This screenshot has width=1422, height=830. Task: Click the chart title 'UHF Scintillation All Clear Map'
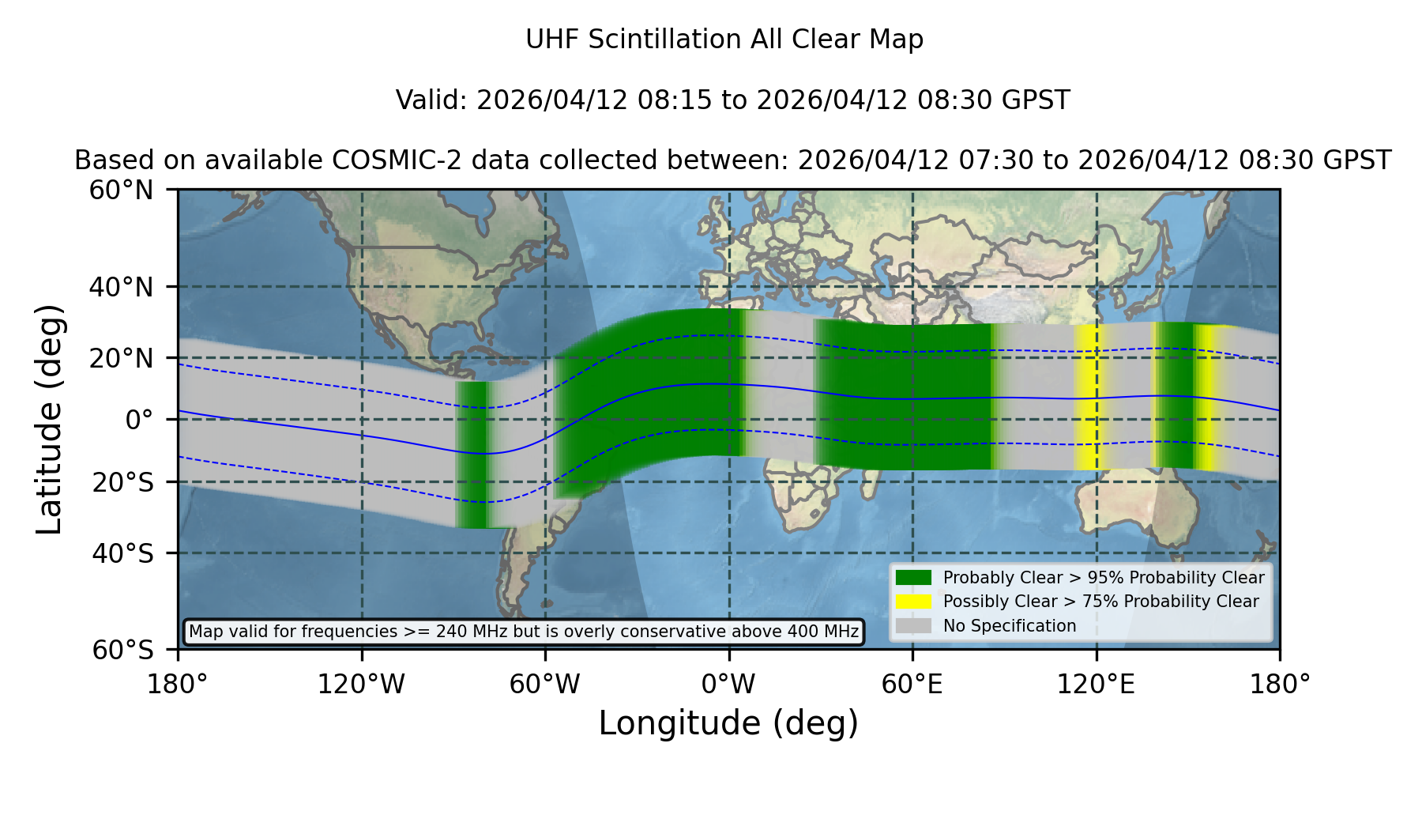pyautogui.click(x=724, y=40)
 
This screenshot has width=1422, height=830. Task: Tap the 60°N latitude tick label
pyautogui.click(x=122, y=190)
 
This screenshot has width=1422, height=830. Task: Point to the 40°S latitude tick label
pyautogui.click(x=122, y=553)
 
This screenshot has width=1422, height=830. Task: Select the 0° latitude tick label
pyautogui.click(x=139, y=420)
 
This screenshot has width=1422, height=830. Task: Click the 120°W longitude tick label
pyautogui.click(x=361, y=684)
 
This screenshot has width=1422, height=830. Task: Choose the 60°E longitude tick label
pyautogui.click(x=912, y=684)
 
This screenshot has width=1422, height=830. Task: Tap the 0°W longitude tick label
pyautogui.click(x=728, y=684)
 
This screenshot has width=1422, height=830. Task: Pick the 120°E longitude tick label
pyautogui.click(x=1096, y=684)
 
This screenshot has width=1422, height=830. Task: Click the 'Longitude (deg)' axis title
pyautogui.click(x=728, y=723)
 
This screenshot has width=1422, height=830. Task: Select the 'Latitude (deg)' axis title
pyautogui.click(x=50, y=420)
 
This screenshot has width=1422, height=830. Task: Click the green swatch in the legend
pyautogui.click(x=914, y=578)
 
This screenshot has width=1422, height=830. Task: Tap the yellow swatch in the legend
pyautogui.click(x=914, y=602)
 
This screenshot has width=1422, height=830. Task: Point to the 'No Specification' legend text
pyautogui.click(x=1010, y=626)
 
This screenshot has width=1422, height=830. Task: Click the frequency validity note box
pyautogui.click(x=524, y=632)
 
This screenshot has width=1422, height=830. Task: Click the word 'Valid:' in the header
pyautogui.click(x=432, y=100)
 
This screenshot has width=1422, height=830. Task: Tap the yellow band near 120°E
pyautogui.click(x=1088, y=398)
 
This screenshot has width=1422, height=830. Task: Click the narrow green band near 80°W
pyautogui.click(x=474, y=455)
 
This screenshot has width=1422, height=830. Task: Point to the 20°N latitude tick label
pyautogui.click(x=122, y=358)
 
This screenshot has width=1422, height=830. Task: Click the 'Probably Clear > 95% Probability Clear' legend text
pyautogui.click(x=1104, y=578)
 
